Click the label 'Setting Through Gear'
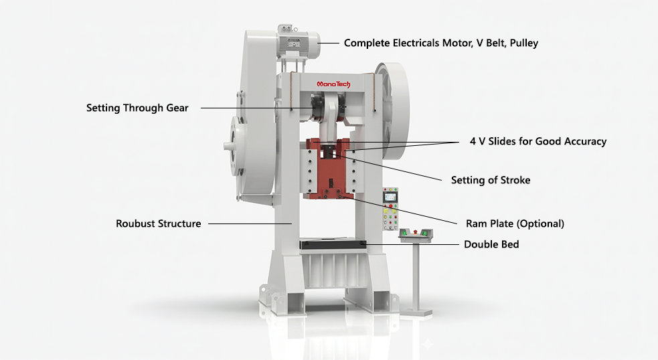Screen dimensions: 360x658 137,108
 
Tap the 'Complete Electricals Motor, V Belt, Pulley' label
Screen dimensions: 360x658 440,43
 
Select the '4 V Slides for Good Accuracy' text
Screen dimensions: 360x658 538,141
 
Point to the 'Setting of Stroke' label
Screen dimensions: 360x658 490,180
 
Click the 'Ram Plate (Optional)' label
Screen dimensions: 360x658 515,223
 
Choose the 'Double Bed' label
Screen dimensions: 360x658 491,244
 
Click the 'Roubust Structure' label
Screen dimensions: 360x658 158,223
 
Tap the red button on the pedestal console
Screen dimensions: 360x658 422,231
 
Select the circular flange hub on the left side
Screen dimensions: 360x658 236,145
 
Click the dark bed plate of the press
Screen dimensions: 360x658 333,244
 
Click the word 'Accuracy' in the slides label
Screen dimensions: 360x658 584,141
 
